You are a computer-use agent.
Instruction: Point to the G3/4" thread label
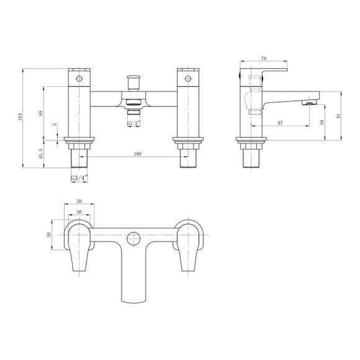79,178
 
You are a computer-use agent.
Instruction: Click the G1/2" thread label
134,123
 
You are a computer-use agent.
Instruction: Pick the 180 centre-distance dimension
137,155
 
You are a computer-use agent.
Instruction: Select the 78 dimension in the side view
264,59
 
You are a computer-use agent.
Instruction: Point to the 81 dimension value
344,116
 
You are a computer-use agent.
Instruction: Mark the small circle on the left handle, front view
79,79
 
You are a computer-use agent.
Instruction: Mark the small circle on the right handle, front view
188,79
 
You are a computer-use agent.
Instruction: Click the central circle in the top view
133,238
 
